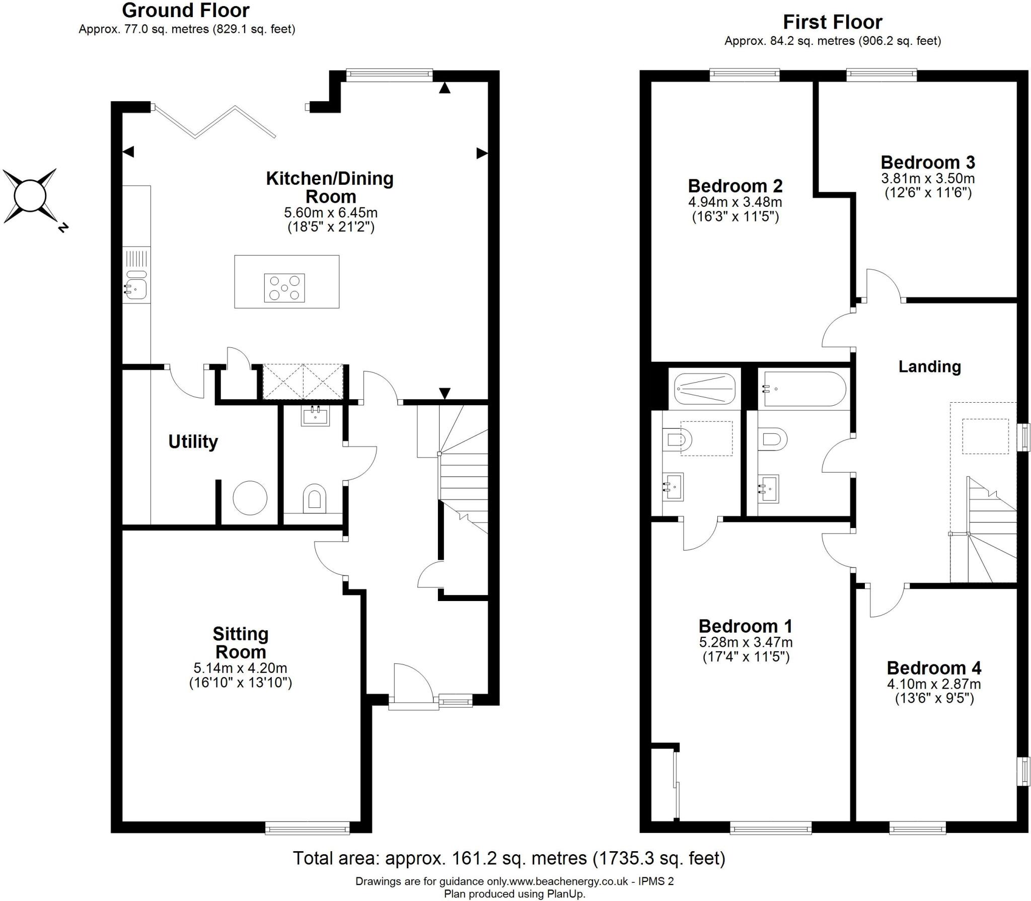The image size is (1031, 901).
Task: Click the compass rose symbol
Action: tap(30, 196)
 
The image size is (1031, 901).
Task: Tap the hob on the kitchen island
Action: tap(284, 287)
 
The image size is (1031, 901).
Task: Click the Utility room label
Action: tap(193, 441)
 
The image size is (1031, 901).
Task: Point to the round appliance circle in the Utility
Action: tap(250, 497)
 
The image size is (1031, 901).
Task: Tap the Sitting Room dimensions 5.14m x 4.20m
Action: tap(240, 668)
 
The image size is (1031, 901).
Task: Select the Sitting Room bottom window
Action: tap(307, 828)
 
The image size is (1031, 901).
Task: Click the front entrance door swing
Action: tap(410, 685)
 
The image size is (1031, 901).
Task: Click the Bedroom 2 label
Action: tap(735, 186)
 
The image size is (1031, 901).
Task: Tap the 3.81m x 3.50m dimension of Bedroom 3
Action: tap(928, 178)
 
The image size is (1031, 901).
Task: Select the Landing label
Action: tap(929, 366)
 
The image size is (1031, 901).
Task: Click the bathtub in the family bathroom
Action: tap(804, 389)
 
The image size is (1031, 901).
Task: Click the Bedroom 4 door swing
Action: tap(886, 602)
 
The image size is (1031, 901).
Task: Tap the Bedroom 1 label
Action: tap(745, 626)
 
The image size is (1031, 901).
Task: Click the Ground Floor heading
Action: tap(186, 10)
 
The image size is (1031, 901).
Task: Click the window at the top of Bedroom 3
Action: tap(881, 75)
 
